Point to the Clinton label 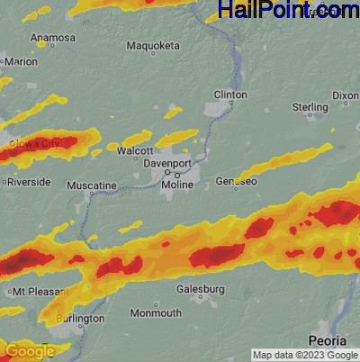(229, 95)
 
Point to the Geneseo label (237, 182)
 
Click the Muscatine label (93, 186)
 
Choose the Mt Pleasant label (32, 293)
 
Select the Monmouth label (155, 313)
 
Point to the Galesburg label (198, 289)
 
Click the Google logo (30, 351)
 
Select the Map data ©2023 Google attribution (305, 355)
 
